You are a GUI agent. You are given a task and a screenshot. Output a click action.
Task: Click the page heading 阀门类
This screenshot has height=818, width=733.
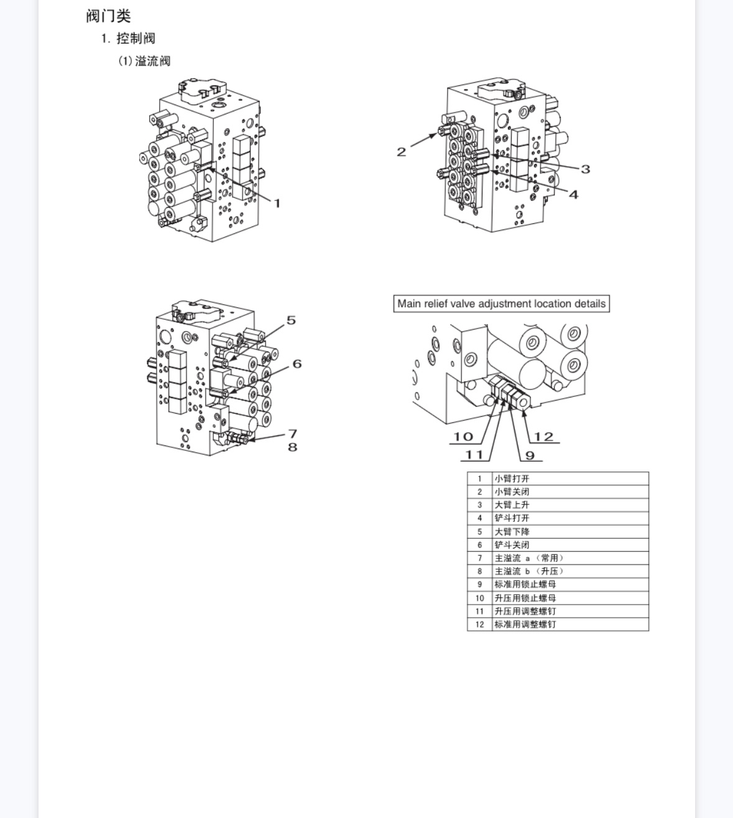(109, 16)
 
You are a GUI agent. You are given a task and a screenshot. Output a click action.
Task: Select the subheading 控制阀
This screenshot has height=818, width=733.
(136, 39)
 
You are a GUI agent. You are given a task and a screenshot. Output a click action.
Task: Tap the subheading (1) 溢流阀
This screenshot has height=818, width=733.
(144, 61)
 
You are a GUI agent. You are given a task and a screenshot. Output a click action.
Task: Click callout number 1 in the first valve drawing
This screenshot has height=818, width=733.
(277, 203)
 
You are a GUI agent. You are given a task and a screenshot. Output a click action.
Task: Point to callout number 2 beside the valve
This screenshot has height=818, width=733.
(401, 152)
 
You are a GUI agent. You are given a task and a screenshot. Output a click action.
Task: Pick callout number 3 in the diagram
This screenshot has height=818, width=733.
(585, 169)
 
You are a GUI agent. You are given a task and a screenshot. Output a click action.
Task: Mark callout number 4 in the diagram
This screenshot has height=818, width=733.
(574, 194)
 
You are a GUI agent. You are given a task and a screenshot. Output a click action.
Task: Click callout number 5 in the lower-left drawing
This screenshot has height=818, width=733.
(291, 320)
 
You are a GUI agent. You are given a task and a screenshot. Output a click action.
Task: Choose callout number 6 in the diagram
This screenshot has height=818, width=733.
(297, 364)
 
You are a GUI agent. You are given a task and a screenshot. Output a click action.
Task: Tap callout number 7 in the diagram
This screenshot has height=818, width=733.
(293, 434)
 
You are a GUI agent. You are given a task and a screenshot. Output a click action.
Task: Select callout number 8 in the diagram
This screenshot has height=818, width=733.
(293, 447)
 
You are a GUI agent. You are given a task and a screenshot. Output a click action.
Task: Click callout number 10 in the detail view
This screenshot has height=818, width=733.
(463, 437)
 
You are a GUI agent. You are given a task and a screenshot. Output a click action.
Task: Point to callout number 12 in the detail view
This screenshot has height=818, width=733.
(544, 437)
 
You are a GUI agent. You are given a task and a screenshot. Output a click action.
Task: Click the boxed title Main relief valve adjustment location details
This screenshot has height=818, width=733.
(501, 304)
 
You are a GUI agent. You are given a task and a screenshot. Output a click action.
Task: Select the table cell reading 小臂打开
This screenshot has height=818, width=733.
(570, 478)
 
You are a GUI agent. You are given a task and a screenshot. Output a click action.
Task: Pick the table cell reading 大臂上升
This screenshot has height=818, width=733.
(570, 505)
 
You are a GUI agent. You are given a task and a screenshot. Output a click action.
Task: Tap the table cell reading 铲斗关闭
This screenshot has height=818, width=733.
(570, 545)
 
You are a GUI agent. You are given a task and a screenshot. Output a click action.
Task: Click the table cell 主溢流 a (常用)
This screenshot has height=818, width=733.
(570, 558)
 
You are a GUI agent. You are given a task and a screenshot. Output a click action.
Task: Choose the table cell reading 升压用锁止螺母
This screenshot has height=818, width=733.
(570, 598)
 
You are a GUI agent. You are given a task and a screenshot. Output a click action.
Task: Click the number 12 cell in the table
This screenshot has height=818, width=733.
(479, 624)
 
